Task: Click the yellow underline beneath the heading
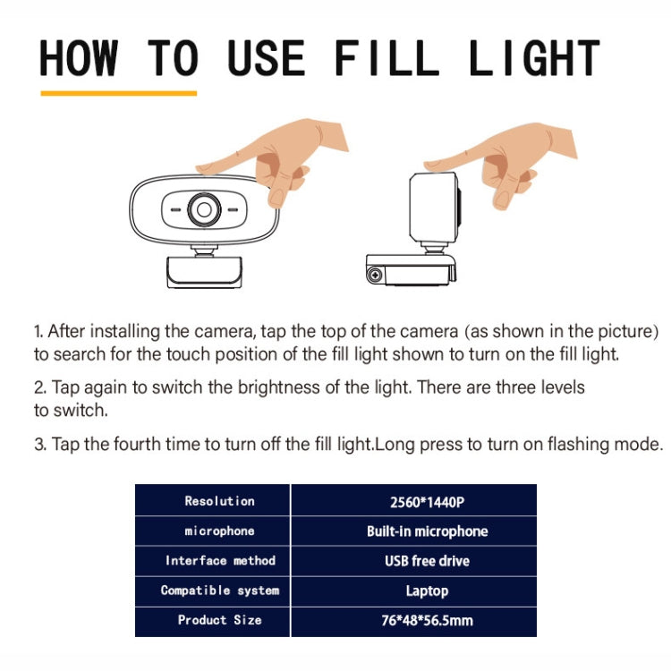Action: pyautogui.click(x=118, y=92)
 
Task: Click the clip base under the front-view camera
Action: pyautogui.click(x=204, y=272)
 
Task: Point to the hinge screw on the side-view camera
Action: pyautogui.click(x=375, y=274)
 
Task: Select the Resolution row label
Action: pyautogui.click(x=219, y=501)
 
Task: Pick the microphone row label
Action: pyautogui.click(x=219, y=531)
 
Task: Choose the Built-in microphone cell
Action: pyautogui.click(x=427, y=531)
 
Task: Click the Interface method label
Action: pyautogui.click(x=219, y=561)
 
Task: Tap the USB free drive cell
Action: pyautogui.click(x=427, y=561)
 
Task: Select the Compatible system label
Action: pyautogui.click(x=219, y=590)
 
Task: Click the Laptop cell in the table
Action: pyautogui.click(x=427, y=590)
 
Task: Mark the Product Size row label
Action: pyautogui.click(x=219, y=620)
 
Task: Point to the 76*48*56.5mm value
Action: pyautogui.click(x=427, y=620)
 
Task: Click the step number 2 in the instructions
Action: pyautogui.click(x=39, y=388)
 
